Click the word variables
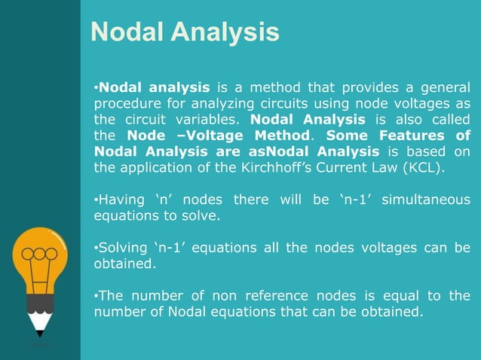click(209, 121)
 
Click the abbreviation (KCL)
click(426, 168)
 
